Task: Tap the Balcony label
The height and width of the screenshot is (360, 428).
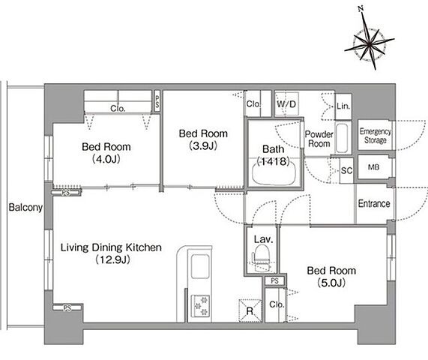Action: tap(25, 208)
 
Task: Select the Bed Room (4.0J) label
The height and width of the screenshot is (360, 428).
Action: tap(106, 153)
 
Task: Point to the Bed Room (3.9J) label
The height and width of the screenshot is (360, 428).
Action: tap(203, 139)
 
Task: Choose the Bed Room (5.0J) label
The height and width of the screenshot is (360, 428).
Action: tap(331, 277)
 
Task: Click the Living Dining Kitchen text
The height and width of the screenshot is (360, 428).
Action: tap(111, 247)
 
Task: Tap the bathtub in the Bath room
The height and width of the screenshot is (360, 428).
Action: tap(274, 172)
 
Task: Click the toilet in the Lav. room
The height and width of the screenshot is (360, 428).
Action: tap(261, 258)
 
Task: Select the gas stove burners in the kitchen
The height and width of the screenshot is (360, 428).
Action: tap(200, 306)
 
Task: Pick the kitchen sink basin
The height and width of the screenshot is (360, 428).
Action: tap(200, 266)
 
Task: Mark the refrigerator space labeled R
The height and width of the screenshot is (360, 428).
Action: tap(250, 310)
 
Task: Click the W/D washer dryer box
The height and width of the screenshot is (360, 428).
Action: tap(286, 104)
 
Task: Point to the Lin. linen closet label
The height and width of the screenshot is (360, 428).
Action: tap(343, 106)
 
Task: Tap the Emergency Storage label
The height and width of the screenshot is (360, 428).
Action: tap(376, 136)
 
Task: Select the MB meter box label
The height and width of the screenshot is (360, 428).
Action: tap(374, 167)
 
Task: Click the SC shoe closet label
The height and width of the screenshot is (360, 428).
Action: tap(346, 171)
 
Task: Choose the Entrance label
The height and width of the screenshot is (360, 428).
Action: tap(374, 203)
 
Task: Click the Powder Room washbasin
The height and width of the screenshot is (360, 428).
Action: tap(342, 138)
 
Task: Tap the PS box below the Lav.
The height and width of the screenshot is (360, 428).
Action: tap(274, 280)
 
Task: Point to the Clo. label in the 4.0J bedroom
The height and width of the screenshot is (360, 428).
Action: tap(118, 109)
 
